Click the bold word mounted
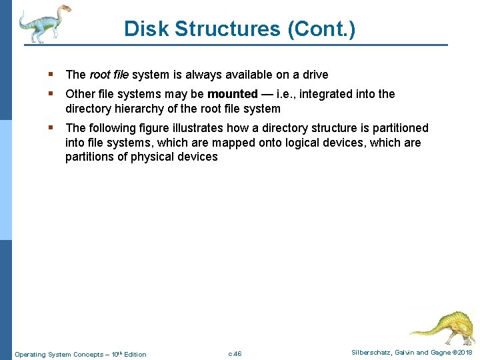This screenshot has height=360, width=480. pos(232,94)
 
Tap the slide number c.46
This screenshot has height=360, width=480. pos(235,354)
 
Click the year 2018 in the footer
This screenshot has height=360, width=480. pos(465,353)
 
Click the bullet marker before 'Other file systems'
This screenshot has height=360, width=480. pos(52,94)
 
